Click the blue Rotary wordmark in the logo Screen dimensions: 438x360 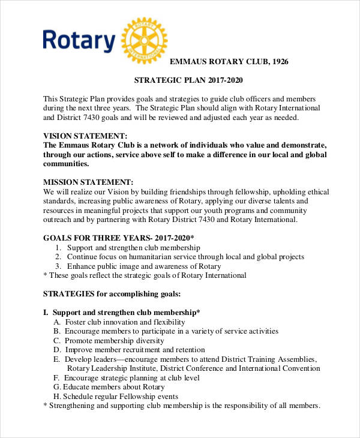[x=79, y=41]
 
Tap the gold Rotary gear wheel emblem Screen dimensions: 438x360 [x=143, y=41]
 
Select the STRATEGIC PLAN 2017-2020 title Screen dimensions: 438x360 [x=188, y=80]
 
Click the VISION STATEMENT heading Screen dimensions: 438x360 [x=85, y=136]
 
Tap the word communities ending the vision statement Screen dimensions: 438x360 [x=66, y=164]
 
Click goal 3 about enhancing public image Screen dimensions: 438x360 [x=144, y=266]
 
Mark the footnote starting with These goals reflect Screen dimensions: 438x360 [x=145, y=275]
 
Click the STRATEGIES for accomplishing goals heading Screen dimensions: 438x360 [x=112, y=294]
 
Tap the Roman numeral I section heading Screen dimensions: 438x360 [x=122, y=313]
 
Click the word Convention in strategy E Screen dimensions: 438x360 [x=298, y=368]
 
